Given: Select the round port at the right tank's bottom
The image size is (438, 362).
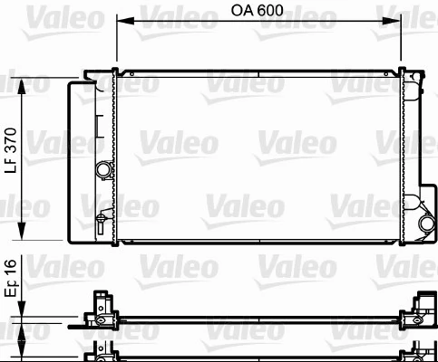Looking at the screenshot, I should tap(425, 224).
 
